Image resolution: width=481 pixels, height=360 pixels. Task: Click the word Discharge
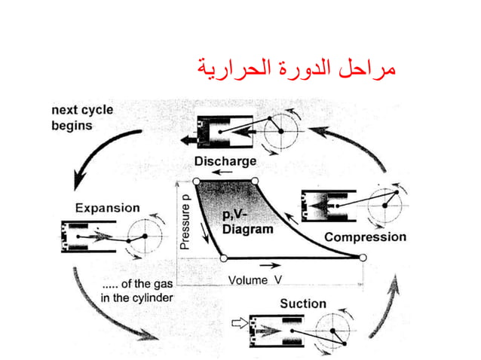225,161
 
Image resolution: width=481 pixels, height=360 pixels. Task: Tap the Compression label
365,236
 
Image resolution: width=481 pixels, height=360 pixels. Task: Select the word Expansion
107,207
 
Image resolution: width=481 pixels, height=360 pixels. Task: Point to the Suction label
303,304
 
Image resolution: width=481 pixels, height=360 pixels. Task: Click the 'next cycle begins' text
82,117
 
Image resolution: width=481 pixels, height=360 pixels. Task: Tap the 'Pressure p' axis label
185,223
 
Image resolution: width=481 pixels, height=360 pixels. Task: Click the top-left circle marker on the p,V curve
196,182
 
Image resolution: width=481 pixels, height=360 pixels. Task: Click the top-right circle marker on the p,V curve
255,182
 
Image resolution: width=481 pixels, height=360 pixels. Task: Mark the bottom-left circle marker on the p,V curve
223,258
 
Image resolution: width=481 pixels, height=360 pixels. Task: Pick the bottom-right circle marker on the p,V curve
363,258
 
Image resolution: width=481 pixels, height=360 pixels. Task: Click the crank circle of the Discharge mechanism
281,131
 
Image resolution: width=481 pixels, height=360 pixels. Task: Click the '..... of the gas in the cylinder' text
137,291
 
